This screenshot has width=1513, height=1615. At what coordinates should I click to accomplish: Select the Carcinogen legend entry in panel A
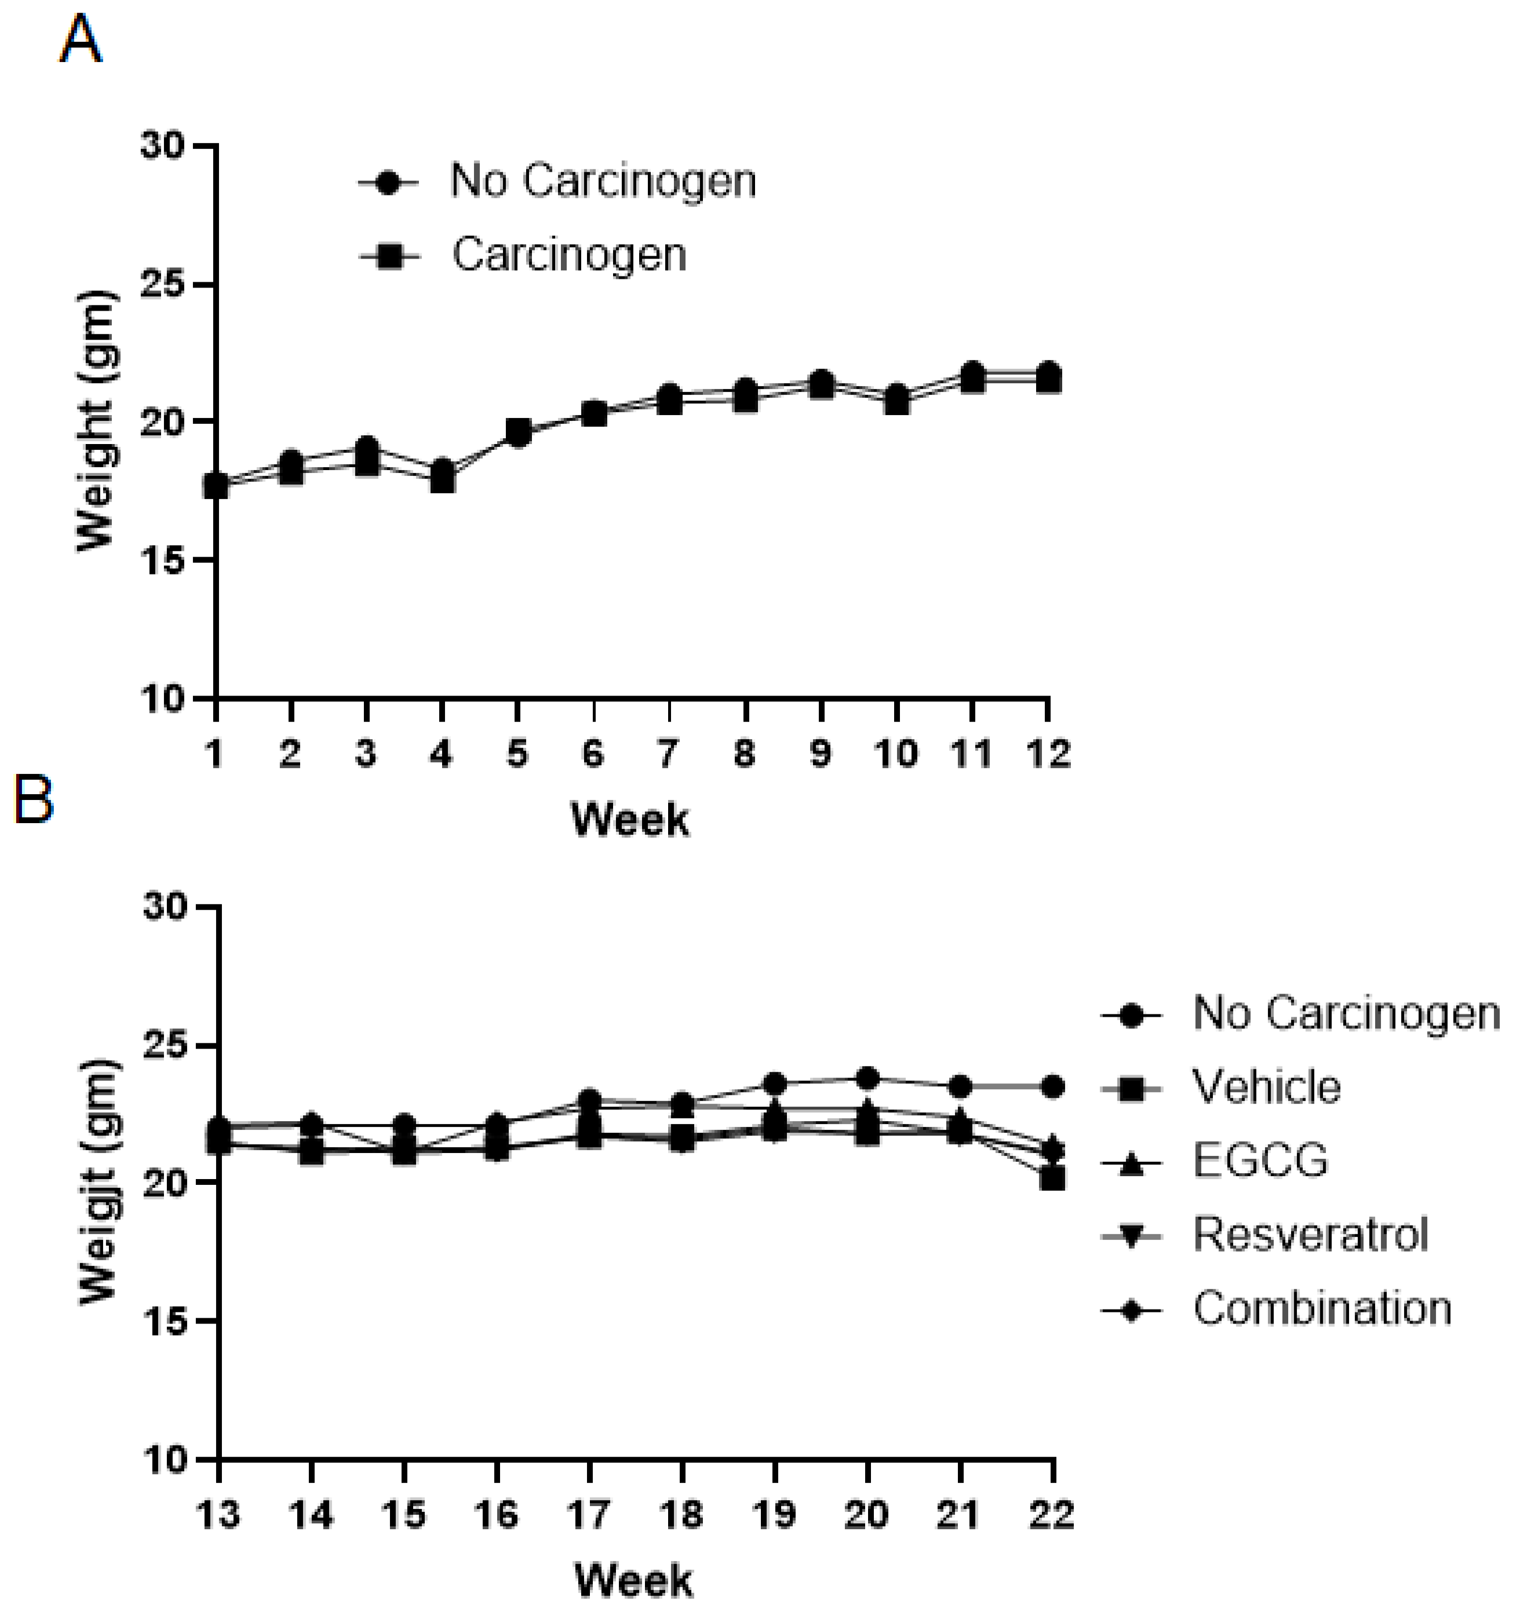522,255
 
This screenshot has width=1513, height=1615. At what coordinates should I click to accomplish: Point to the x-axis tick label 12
1048,755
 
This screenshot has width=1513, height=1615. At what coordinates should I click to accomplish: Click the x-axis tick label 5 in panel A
516,755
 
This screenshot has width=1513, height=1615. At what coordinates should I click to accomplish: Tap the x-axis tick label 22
1052,1514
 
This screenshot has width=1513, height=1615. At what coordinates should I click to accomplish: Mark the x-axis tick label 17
589,1514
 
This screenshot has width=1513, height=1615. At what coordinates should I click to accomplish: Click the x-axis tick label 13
218,1514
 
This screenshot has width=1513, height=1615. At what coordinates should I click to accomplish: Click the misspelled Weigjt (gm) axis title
99,1182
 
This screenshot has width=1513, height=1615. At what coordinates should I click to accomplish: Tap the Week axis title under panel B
635,1581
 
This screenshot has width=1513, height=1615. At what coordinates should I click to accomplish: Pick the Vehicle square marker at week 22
1052,1178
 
